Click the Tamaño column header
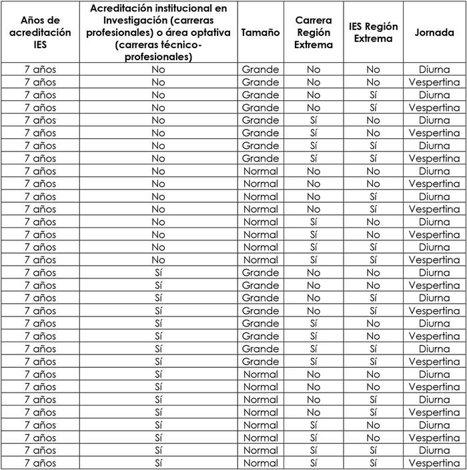tap(260, 33)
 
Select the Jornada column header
tap(434, 33)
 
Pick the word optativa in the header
tap(205, 33)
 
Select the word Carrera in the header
tap(314, 21)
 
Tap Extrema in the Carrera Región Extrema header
tap(314, 45)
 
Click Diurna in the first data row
tap(434, 69)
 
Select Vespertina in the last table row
tap(434, 463)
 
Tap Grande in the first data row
tap(260, 69)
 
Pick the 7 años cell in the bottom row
tap(40, 463)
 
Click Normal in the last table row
tap(260, 463)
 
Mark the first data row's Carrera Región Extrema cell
tap(314, 69)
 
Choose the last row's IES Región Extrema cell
tap(373, 463)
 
